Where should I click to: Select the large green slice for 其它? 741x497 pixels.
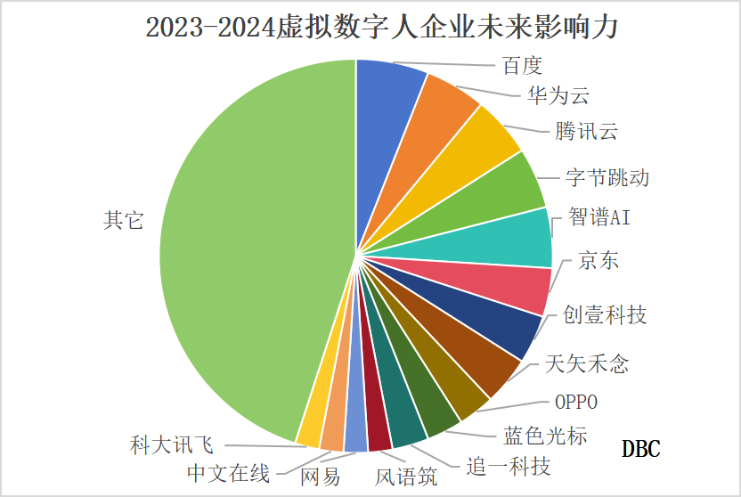pyautogui.click(x=240, y=240)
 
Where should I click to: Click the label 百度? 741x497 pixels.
pyautogui.click(x=522, y=66)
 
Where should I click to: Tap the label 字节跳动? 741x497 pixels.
pyautogui.click(x=607, y=177)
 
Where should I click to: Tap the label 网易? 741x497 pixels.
pyautogui.click(x=320, y=477)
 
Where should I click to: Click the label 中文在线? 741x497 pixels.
pyautogui.click(x=228, y=472)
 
